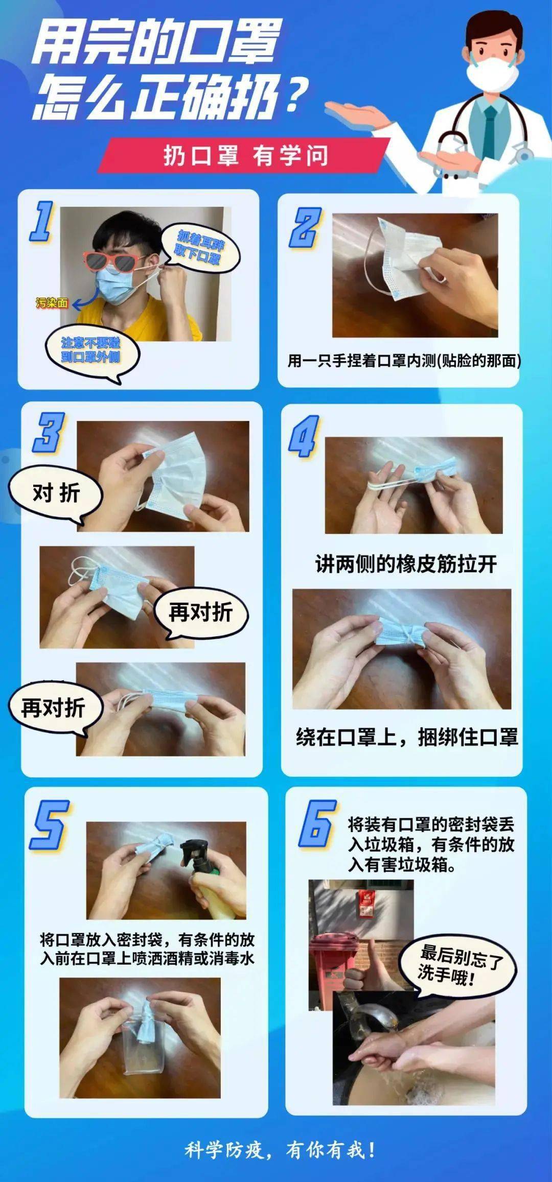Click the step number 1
pos(42,221)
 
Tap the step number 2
pos(306,228)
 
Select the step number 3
pos(49,433)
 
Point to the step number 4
pos(304,436)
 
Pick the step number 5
pos(50,824)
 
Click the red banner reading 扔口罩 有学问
pos(244,155)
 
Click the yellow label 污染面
pos(52,303)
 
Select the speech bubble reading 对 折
pos(55,493)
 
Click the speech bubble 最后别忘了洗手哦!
pos(458,964)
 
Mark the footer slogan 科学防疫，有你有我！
pos(280,1150)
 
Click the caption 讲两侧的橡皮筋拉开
pos(406,564)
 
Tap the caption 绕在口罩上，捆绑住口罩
pos(407,737)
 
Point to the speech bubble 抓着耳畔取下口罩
pos(200,247)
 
